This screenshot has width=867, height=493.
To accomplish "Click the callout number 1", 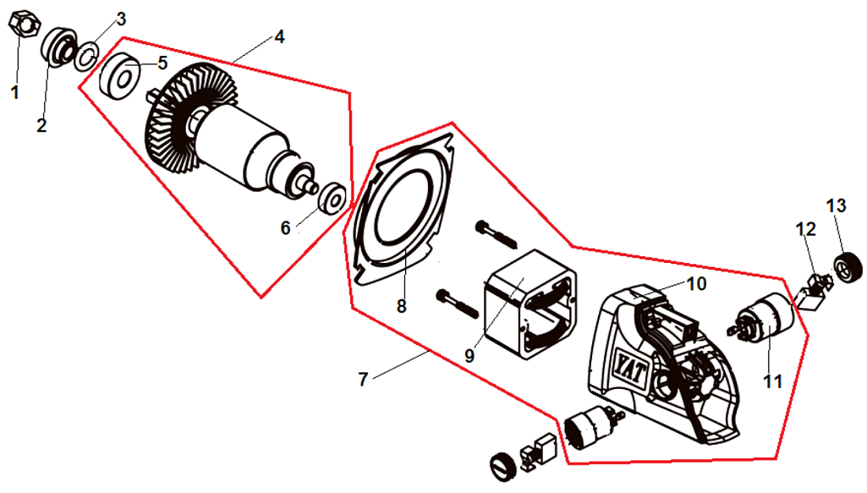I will tap(14, 92).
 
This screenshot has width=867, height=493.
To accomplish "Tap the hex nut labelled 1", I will tap(22, 26).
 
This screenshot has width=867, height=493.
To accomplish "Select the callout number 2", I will tap(42, 125).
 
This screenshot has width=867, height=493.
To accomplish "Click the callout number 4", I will tap(279, 37).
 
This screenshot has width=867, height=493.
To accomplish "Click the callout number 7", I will tap(363, 380).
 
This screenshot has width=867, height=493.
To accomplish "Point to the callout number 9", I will tap(469, 355).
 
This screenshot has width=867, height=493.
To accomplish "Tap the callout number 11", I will tap(771, 381).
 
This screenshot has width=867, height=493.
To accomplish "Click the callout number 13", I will tap(836, 205).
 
